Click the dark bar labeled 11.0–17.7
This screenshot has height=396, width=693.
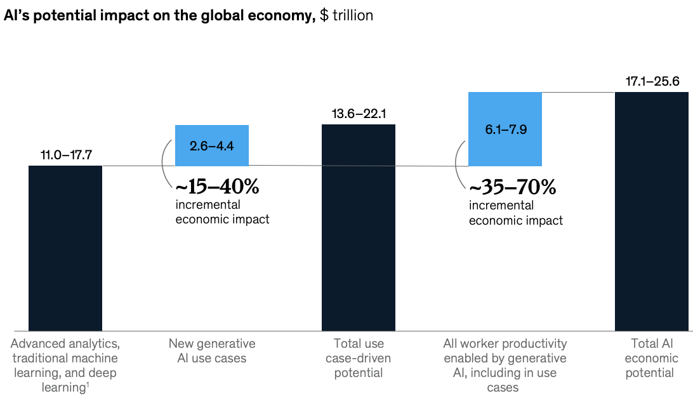tap(65, 247)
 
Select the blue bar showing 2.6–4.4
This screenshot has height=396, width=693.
tap(212, 145)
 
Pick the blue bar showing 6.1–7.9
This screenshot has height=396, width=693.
tap(505, 129)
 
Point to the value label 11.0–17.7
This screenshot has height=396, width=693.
tap(65, 155)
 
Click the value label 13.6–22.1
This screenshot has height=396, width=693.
tap(359, 114)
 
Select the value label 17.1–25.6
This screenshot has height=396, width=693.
tap(652, 82)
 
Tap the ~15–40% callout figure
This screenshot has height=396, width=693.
tap(218, 187)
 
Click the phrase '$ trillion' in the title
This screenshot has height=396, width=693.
tap(346, 16)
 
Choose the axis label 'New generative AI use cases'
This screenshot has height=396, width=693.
tap(212, 351)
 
